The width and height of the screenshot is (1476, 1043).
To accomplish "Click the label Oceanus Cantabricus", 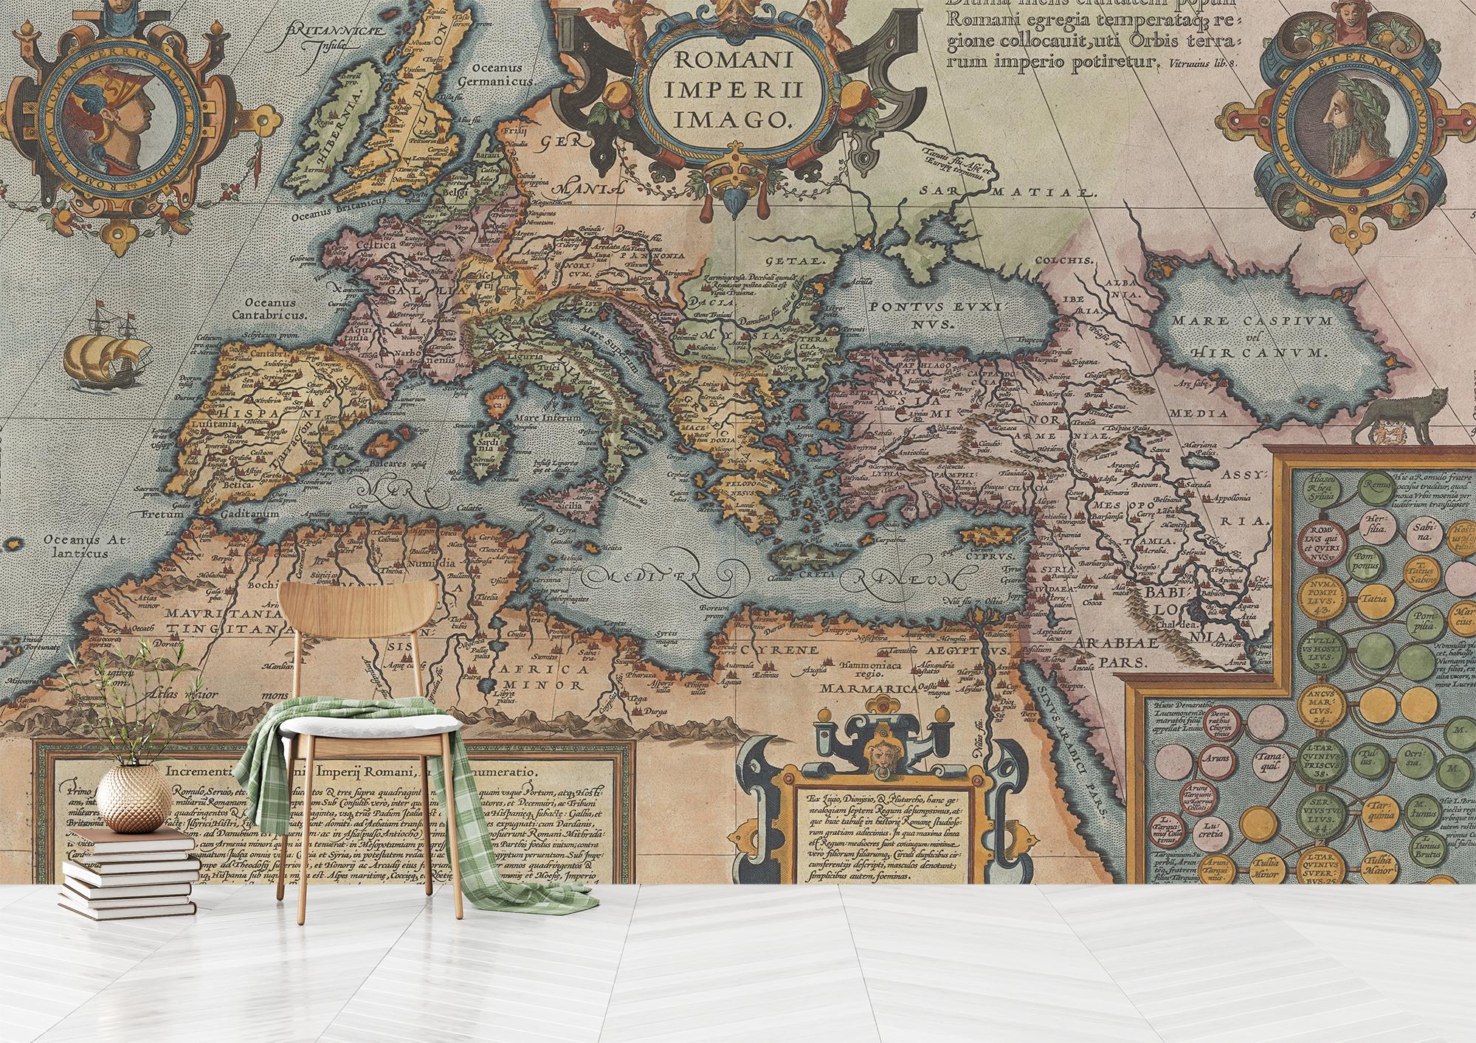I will point(270,308).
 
